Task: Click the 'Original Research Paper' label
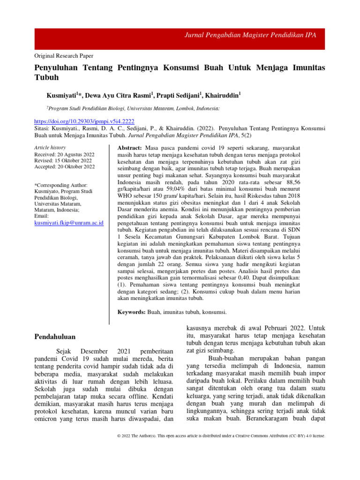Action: pyautogui.click(x=64, y=55)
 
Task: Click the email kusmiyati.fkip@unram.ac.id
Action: pyautogui.click(x=69, y=223)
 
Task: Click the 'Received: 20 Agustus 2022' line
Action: pyautogui.click(x=64, y=154)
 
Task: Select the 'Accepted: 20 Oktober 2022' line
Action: pyautogui.click(x=64, y=166)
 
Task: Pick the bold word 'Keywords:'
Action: pyautogui.click(x=131, y=312)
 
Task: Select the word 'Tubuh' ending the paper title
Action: pyautogui.click(x=47, y=77)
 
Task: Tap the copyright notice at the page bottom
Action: pyautogui.click(x=221, y=435)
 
